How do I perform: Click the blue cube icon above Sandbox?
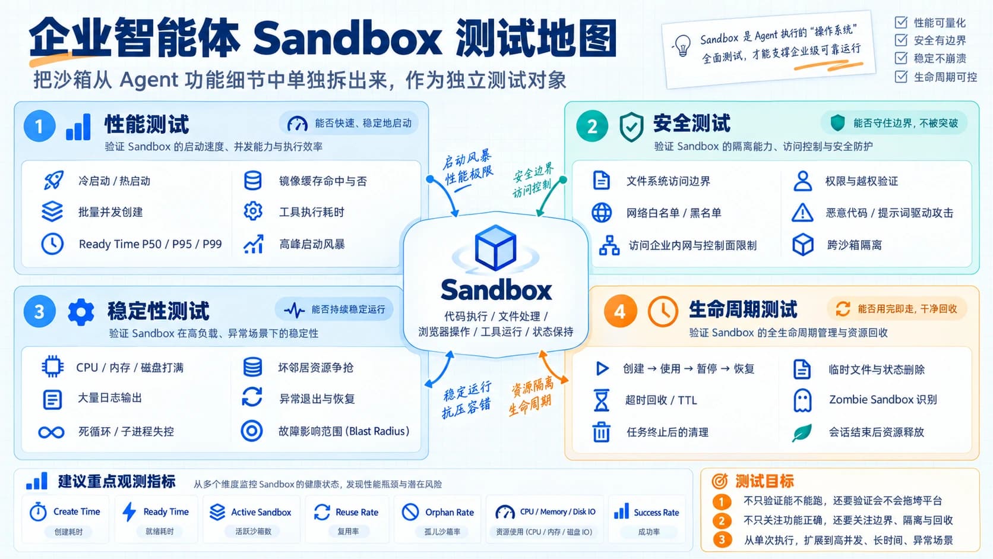point(495,248)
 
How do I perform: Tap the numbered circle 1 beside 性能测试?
point(39,126)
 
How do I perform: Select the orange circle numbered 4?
point(620,311)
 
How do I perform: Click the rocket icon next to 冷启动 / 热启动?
point(53,181)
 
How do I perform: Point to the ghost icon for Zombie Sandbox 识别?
point(802,400)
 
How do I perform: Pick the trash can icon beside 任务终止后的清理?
point(601,432)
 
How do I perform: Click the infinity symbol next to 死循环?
point(52,432)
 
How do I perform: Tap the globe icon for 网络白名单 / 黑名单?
point(602,213)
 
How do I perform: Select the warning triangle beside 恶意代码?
point(802,213)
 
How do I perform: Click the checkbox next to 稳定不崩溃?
point(901,58)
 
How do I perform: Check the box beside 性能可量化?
point(901,22)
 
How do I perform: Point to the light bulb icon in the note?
point(682,46)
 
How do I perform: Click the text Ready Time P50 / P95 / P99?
point(150,244)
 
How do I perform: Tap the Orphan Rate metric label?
point(450,513)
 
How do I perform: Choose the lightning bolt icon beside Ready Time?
point(129,512)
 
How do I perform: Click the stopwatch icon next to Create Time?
point(38,511)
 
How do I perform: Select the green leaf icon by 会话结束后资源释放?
point(802,433)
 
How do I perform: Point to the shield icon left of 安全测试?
point(631,127)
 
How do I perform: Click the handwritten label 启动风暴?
point(467,158)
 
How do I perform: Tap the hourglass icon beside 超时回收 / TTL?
point(601,400)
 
